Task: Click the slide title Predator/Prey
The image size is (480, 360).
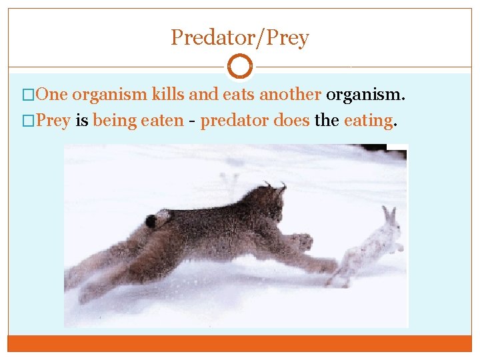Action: tap(240, 37)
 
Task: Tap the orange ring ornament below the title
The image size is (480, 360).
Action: tap(240, 67)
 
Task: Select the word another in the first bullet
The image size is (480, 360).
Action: tap(290, 95)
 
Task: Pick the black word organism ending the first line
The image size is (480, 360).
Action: tap(365, 95)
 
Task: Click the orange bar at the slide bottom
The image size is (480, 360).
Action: tap(240, 343)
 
